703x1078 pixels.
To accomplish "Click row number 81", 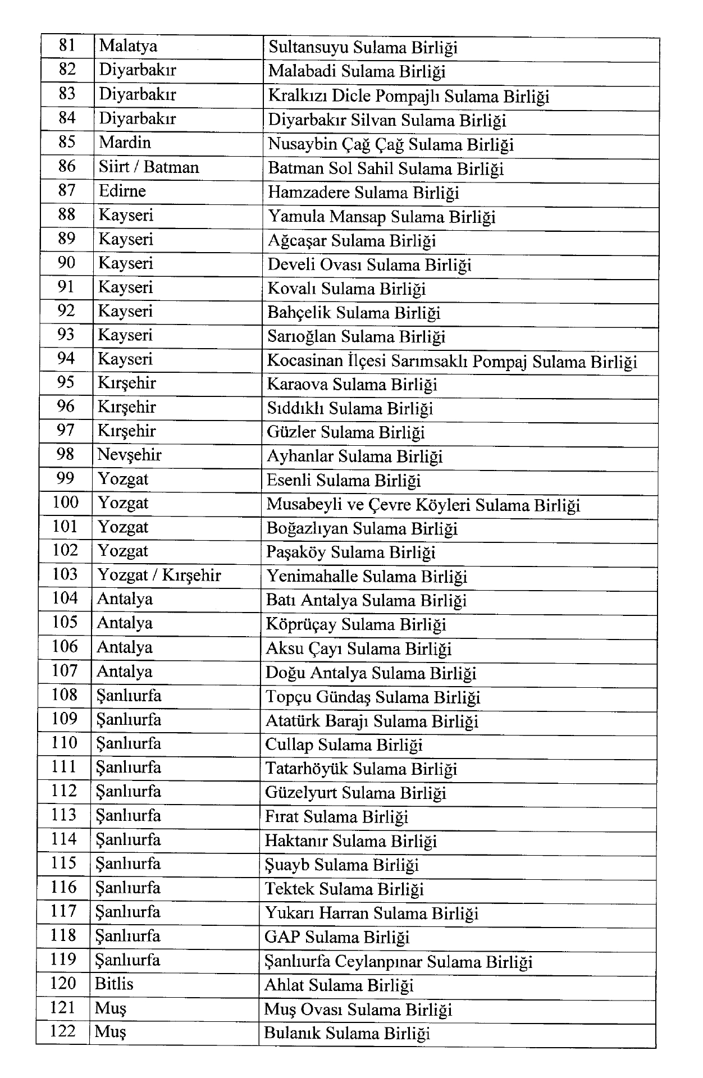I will click(67, 45).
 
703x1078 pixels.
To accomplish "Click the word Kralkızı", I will click(297, 96).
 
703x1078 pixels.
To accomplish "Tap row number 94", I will click(66, 358).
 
